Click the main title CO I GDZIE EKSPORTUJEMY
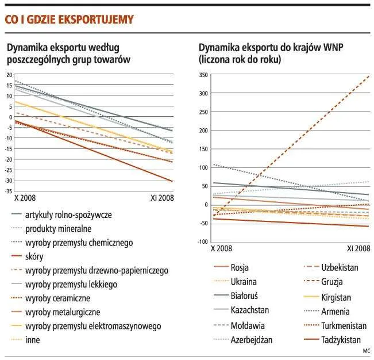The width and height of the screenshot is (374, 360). point(69,20)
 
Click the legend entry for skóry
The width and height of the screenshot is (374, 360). point(34,256)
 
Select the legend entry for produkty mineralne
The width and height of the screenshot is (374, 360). point(58,229)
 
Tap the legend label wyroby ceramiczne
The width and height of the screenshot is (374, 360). point(57,298)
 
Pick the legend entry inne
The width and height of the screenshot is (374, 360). point(32,340)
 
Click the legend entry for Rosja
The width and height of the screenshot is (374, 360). point(240,267)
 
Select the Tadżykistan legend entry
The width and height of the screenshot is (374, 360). point(341,340)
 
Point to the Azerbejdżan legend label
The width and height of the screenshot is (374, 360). point(252,340)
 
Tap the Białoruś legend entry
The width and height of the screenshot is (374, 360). point(244,296)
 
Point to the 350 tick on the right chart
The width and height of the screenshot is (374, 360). point(203,75)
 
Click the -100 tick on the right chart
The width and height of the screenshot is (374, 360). point(202,242)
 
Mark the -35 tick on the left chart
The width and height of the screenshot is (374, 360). point(9,192)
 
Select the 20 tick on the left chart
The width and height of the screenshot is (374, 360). point(9,75)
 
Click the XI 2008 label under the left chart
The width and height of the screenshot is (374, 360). point(162,198)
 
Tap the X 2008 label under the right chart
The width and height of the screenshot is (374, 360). point(221,248)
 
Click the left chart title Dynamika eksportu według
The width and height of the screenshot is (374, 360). point(63,48)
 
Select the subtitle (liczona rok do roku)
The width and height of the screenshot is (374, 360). point(240,60)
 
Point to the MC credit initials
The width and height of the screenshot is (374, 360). point(367,351)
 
